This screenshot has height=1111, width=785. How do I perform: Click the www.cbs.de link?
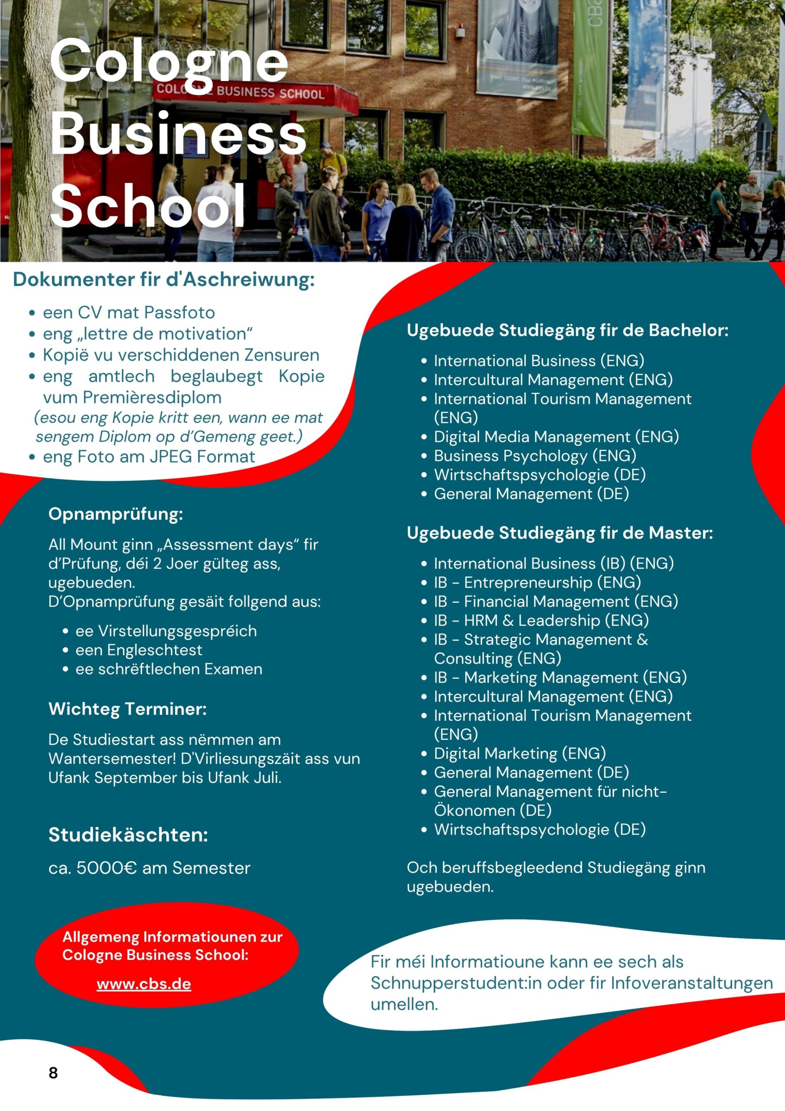point(144,984)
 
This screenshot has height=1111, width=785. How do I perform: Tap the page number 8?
point(53,1073)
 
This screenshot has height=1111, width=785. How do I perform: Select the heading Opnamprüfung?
point(116,514)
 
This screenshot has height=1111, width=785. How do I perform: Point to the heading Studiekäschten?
point(128,835)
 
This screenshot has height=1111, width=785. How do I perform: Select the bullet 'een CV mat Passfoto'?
point(129,312)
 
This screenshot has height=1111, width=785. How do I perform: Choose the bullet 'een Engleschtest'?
point(139,650)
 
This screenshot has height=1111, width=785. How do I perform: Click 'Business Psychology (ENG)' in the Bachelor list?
point(534,455)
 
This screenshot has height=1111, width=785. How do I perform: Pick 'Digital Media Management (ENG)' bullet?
point(556,437)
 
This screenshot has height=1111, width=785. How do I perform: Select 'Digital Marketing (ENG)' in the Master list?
point(520,753)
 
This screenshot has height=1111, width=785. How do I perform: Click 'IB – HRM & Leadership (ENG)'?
point(541,620)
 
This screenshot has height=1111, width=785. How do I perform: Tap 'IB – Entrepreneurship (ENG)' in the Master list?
point(537,582)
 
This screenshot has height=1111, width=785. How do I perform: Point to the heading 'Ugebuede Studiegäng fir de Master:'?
point(559,533)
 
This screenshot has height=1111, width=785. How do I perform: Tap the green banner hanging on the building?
point(589,68)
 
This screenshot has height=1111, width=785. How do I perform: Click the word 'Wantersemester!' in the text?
point(112,758)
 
